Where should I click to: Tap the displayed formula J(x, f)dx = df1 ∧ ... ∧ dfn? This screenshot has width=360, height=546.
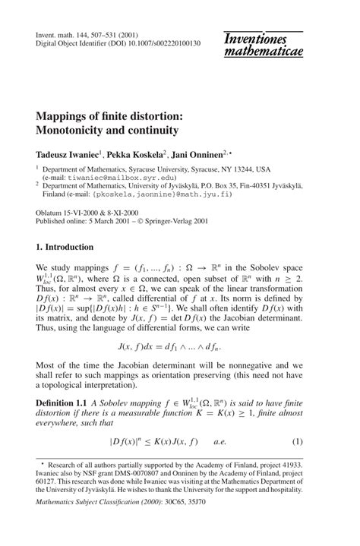[180, 347]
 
